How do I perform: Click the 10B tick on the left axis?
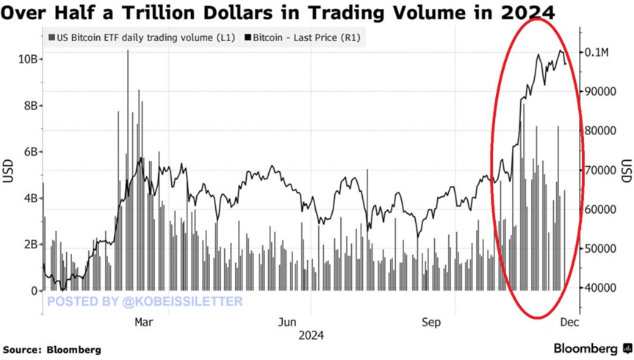point(25,58)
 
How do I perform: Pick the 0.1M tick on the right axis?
point(599,52)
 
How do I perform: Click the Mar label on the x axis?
point(144,322)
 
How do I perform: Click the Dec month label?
point(571,322)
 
